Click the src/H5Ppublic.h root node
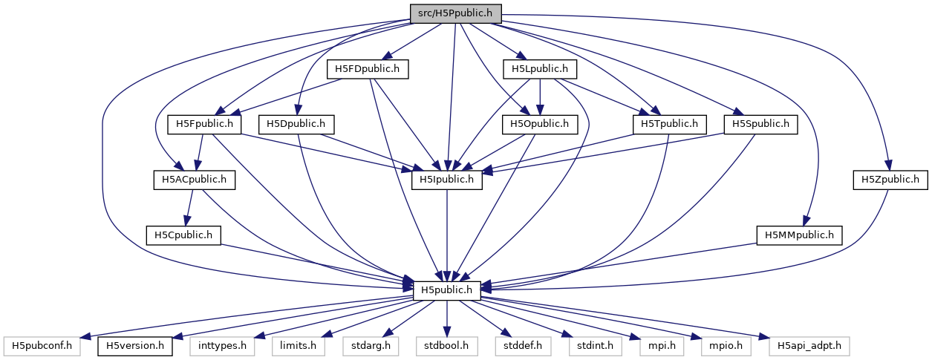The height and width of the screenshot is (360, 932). click(455, 13)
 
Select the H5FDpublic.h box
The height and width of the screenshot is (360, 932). click(368, 69)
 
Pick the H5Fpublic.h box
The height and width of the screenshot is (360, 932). click(205, 124)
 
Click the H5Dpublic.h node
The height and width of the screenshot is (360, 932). click(296, 124)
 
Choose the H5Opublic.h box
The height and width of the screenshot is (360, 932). click(540, 124)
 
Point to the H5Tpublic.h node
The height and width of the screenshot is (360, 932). click(669, 124)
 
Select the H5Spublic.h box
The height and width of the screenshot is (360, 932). click(761, 124)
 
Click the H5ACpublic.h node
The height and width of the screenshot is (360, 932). click(194, 179)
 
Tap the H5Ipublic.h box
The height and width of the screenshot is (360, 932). click(446, 179)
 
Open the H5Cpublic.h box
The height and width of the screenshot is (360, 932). click(183, 235)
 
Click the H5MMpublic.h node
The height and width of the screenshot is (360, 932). click(799, 235)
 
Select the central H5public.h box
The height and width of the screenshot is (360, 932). click(446, 290)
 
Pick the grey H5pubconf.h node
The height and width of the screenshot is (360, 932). click(48, 345)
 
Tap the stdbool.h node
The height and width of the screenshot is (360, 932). click(446, 345)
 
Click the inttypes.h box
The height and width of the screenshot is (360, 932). click(222, 345)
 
